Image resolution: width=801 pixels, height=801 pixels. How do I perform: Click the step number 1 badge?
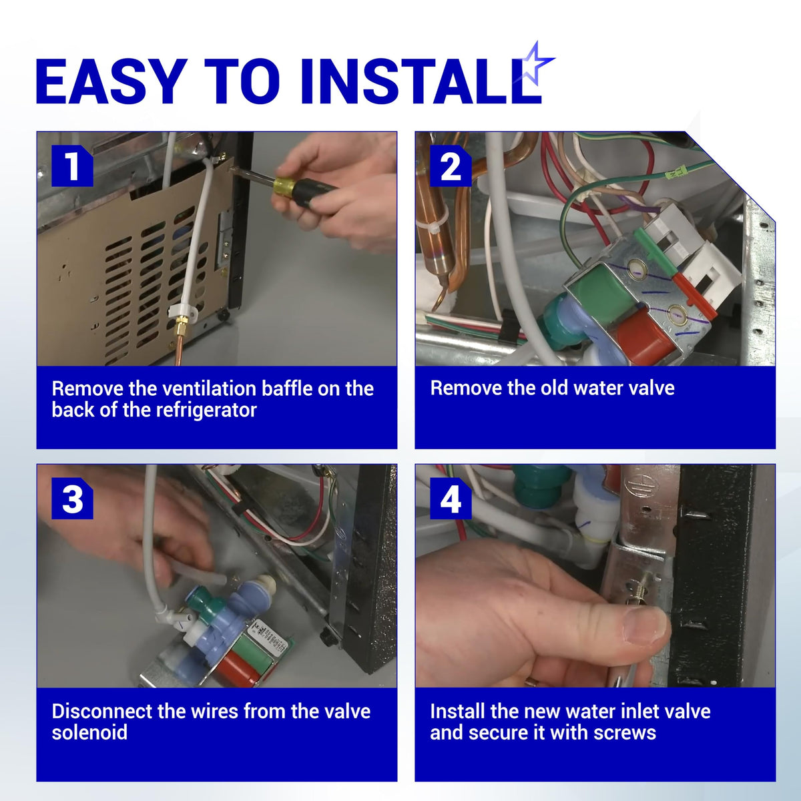pyautogui.click(x=72, y=166)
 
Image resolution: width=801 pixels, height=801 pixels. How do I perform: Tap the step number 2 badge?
pyautogui.click(x=450, y=166)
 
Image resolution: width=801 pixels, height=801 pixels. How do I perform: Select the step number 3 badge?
pyautogui.click(x=72, y=499)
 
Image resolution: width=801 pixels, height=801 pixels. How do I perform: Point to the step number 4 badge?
pyautogui.click(x=450, y=499)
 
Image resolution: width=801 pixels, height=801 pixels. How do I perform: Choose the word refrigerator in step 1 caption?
pyautogui.click(x=206, y=411)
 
